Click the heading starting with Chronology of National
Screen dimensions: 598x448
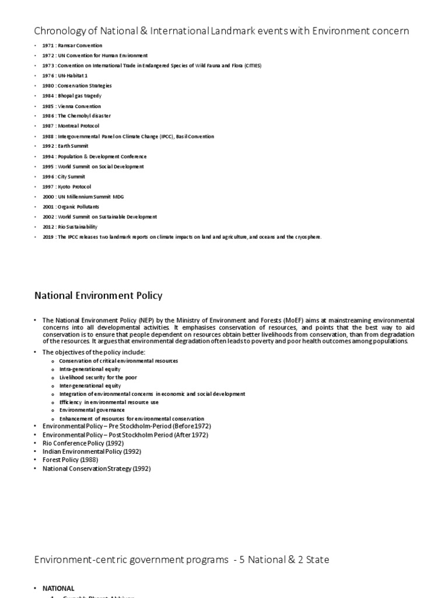tap(221, 31)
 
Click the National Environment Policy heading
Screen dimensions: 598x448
tap(99, 296)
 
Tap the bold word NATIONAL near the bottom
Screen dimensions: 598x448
tap(58, 588)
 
